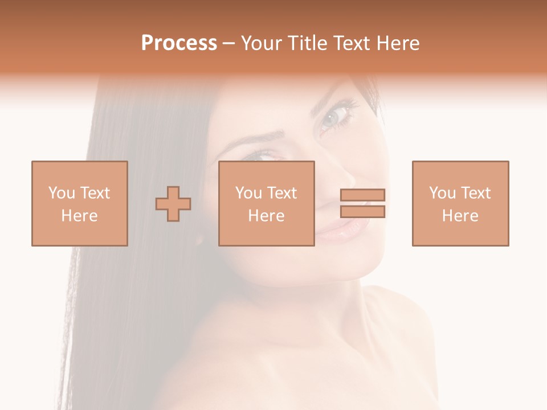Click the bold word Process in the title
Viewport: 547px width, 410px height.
[x=179, y=43]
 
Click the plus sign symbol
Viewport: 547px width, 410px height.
[x=173, y=204]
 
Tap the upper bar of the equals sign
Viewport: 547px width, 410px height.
[x=362, y=195]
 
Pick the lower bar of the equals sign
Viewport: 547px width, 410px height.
[x=362, y=212]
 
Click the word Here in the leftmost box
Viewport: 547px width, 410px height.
[x=79, y=216]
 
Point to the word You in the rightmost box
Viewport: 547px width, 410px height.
[x=442, y=193]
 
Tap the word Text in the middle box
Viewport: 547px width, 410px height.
[x=283, y=193]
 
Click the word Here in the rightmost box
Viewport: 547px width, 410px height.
[x=460, y=216]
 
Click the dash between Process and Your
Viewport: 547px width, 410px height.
[x=229, y=43]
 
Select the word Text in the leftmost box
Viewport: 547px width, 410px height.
[x=95, y=193]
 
